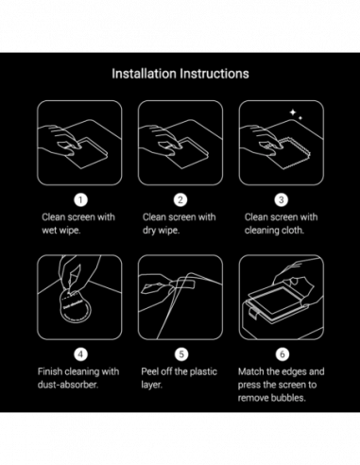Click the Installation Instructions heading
[180, 73]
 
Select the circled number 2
[180, 199]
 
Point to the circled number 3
[281, 199]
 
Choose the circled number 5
[180, 354]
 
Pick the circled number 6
[281, 354]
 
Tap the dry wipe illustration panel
[180, 143]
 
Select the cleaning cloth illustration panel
[281, 143]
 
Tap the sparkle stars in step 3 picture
[296, 114]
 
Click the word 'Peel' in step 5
[153, 371]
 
